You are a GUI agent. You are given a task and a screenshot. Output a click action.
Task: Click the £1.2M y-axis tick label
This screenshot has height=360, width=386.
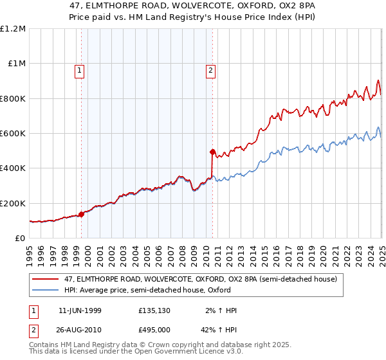(13, 29)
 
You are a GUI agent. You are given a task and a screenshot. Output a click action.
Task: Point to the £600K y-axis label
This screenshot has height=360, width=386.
(13, 134)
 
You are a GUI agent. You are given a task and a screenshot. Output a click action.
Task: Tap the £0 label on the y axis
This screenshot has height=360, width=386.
(21, 239)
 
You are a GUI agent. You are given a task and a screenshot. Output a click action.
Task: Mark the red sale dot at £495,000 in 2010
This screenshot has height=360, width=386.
(212, 152)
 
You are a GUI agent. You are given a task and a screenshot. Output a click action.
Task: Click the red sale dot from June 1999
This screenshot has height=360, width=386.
(82, 215)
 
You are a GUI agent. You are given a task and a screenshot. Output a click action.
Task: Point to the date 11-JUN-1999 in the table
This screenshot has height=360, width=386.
(80, 310)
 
